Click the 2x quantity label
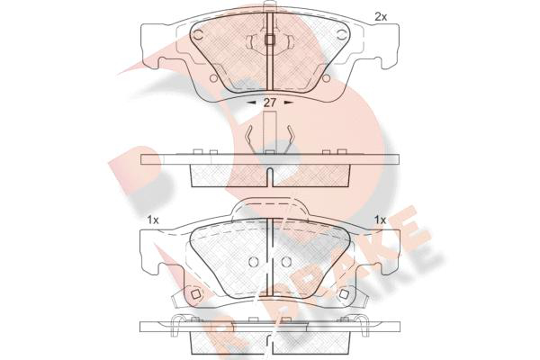(381, 17)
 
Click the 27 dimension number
(270, 103)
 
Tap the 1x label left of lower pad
(153, 220)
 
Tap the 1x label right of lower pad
(381, 220)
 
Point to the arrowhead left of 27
(251, 103)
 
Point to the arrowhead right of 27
(288, 103)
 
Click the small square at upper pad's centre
(270, 40)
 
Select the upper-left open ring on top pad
(198, 34)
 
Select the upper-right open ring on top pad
(342, 34)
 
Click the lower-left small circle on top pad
(213, 78)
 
